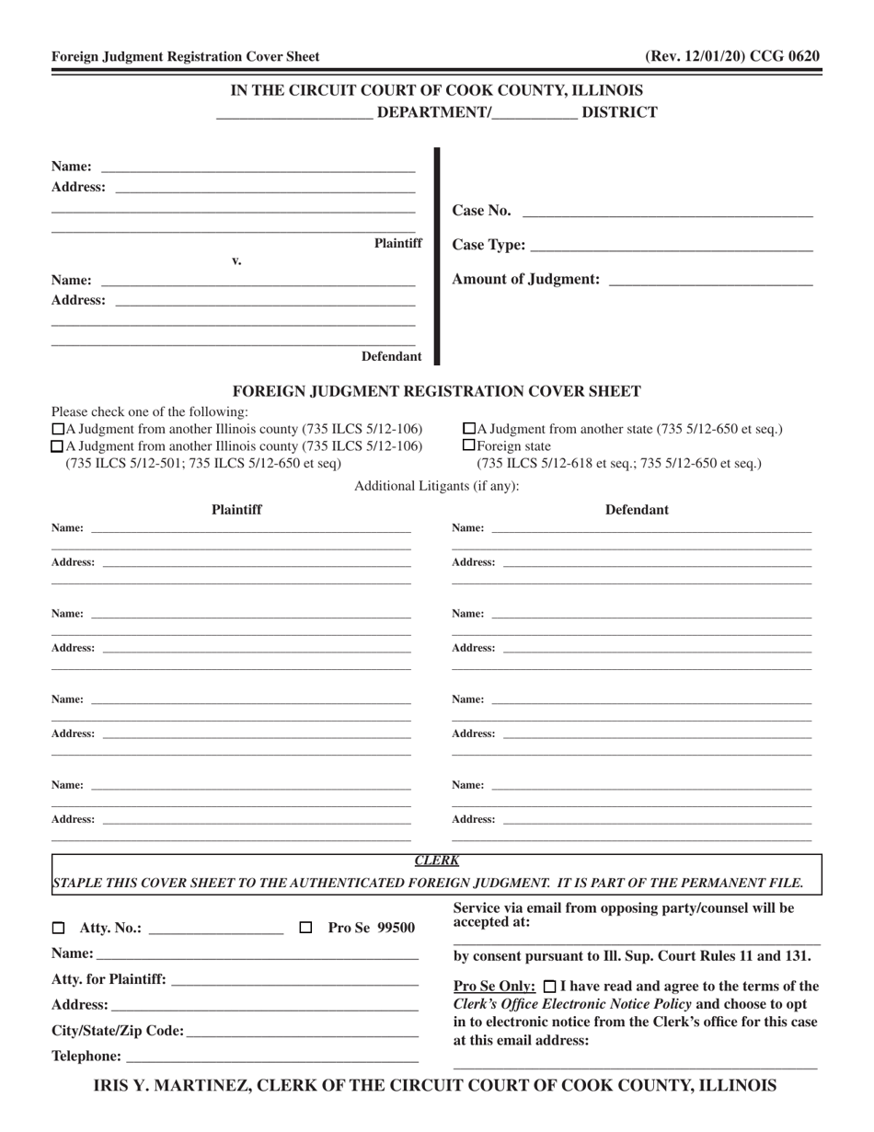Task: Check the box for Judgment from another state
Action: (x=469, y=429)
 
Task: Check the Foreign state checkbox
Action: (x=469, y=445)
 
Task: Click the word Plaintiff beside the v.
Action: (x=397, y=243)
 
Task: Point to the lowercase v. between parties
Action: (x=236, y=261)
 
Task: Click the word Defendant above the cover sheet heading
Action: (x=391, y=356)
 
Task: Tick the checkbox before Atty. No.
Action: (x=59, y=928)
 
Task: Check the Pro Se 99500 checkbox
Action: (x=307, y=928)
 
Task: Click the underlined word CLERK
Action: (x=436, y=861)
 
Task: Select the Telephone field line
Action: (x=271, y=1057)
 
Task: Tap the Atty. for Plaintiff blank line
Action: (x=294, y=981)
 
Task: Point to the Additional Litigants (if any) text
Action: (x=436, y=486)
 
